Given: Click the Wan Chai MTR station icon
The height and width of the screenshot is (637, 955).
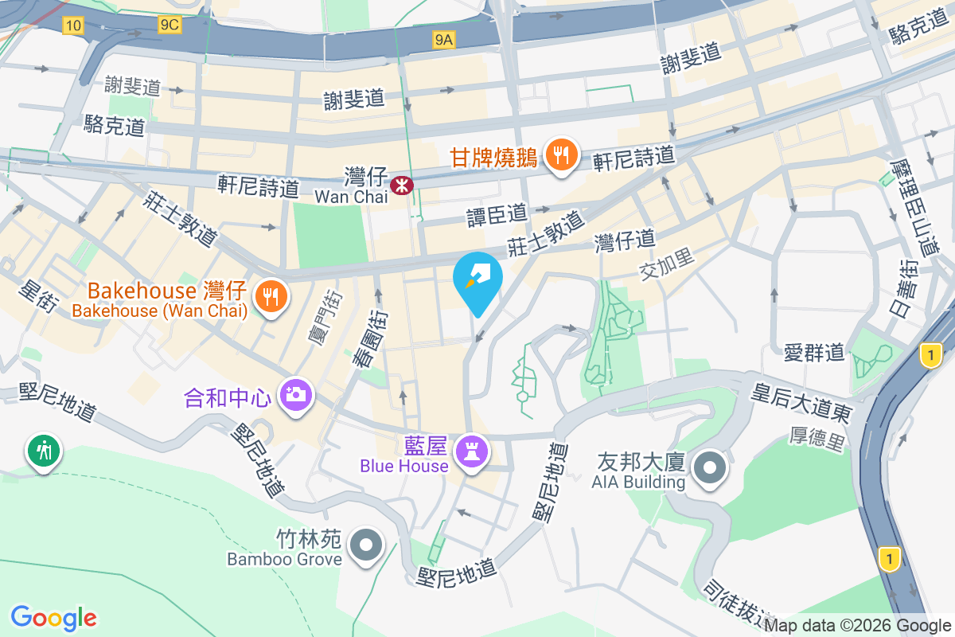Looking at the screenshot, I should [402, 186].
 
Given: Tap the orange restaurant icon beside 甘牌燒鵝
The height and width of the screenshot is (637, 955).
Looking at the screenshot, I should [563, 155].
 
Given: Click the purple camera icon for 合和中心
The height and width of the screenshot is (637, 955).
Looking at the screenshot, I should [295, 394].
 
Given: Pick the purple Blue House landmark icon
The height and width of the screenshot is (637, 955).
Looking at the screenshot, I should [471, 453].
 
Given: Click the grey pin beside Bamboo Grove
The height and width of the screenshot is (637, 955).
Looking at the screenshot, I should [367, 546].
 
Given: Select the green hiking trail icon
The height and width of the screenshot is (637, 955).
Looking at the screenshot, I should [43, 451].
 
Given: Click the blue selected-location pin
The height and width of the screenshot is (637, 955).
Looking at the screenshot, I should [477, 280].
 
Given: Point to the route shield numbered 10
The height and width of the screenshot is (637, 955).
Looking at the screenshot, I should [73, 25].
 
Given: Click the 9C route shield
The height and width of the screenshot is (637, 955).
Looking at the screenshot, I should [170, 25].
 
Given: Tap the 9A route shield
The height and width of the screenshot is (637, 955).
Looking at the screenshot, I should [444, 39].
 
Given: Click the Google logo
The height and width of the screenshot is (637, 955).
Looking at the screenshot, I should [54, 618].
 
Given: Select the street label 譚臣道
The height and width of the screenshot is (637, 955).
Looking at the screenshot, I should [497, 214].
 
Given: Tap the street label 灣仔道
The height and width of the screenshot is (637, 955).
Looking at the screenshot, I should [625, 238].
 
